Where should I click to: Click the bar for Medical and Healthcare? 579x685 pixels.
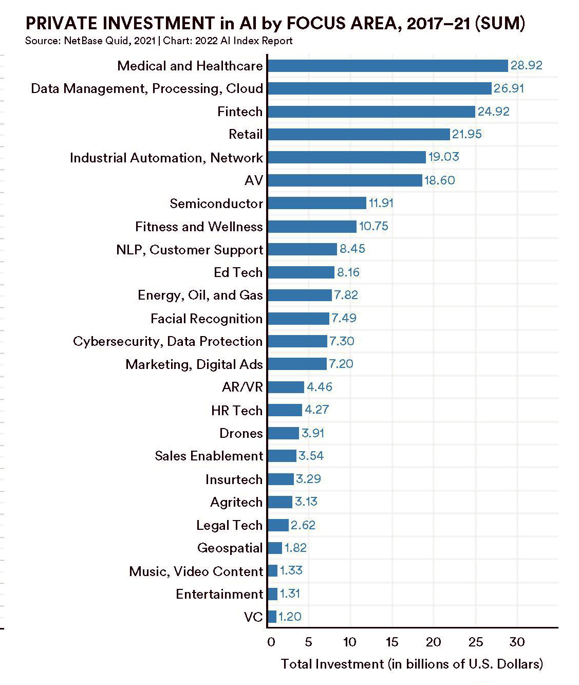[388, 66]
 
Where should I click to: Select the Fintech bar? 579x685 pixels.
[371, 112]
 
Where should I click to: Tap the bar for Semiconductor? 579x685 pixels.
[317, 203]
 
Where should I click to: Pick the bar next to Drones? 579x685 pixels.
[283, 433]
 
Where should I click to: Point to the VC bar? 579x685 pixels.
[272, 617]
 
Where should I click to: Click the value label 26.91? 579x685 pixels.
[509, 88]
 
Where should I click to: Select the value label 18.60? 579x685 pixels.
[439, 180]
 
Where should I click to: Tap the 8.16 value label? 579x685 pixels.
[348, 272]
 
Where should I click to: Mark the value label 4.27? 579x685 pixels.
[316, 410]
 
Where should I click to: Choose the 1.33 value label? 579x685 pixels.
[291, 571]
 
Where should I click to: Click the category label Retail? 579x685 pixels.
[246, 135]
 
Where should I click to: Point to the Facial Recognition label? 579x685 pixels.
[207, 319]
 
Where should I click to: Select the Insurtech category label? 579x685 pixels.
[234, 479]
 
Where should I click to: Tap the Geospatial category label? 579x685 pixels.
[230, 548]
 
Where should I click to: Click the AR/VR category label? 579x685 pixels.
[242, 387]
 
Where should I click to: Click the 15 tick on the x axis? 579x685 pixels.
[392, 642]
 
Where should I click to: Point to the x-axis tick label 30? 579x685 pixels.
[517, 642]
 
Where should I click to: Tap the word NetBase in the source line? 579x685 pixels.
[83, 41]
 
